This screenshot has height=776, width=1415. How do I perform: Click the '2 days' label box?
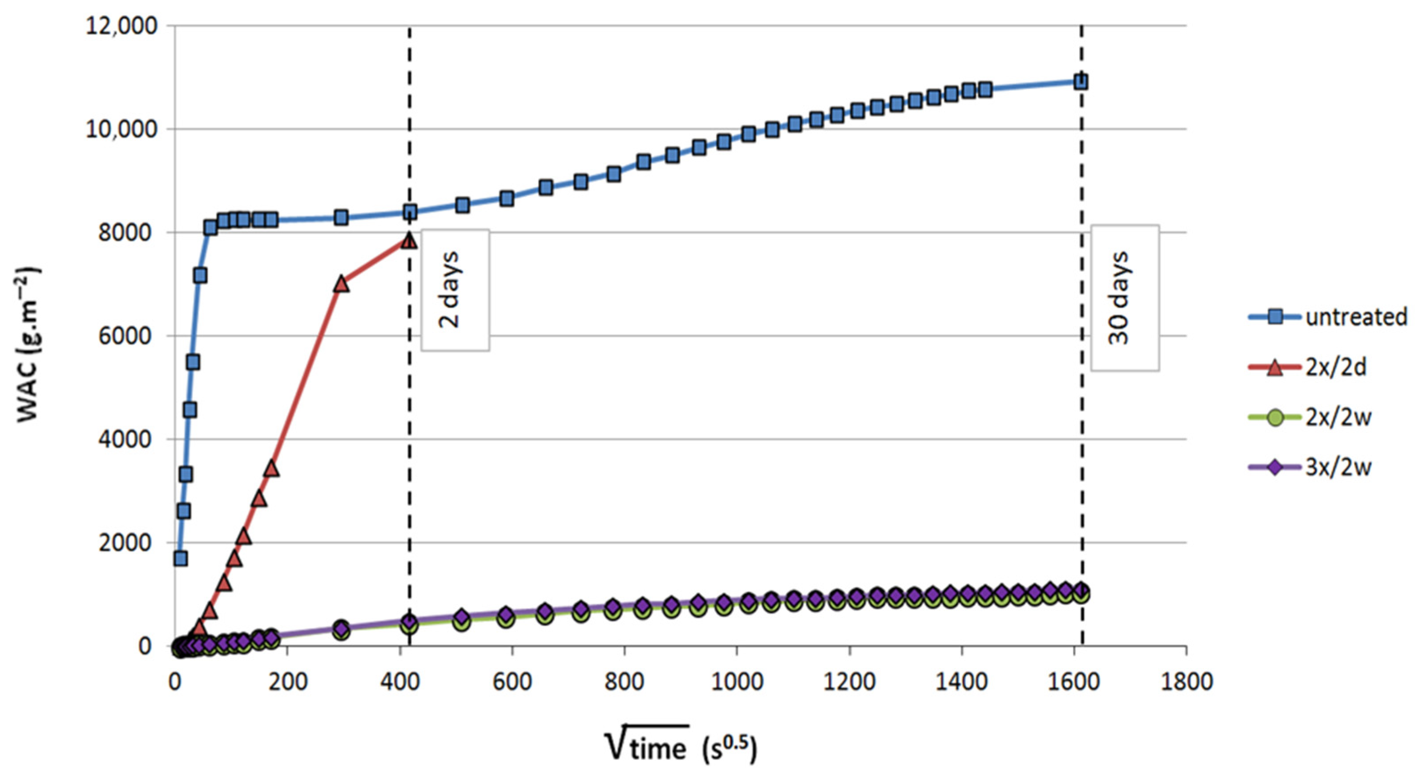[455, 290]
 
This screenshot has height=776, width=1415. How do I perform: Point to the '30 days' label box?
[1125, 298]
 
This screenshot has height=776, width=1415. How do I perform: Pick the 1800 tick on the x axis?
[1186, 682]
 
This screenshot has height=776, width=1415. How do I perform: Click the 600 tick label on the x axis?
[512, 682]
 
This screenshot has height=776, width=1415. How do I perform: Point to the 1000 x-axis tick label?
[737, 682]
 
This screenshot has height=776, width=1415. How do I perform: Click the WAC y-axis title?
[28, 344]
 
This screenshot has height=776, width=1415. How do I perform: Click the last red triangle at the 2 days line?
[409, 241]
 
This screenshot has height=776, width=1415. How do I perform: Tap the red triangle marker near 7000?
[342, 284]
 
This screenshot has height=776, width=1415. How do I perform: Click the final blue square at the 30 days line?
[1080, 82]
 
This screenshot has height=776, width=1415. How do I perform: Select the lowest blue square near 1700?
[180, 559]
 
